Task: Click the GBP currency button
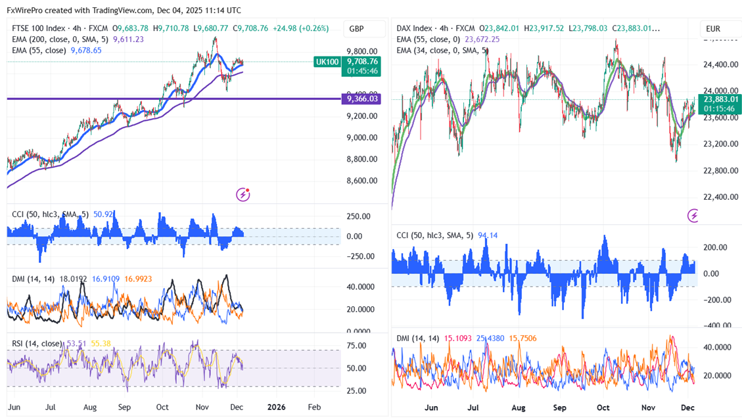point(357,29)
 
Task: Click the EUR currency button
point(713,29)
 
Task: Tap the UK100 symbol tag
point(327,61)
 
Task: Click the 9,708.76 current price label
point(362,61)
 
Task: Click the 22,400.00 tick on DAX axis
point(716,197)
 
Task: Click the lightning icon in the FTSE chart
point(244,194)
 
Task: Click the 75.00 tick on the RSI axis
point(356,346)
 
